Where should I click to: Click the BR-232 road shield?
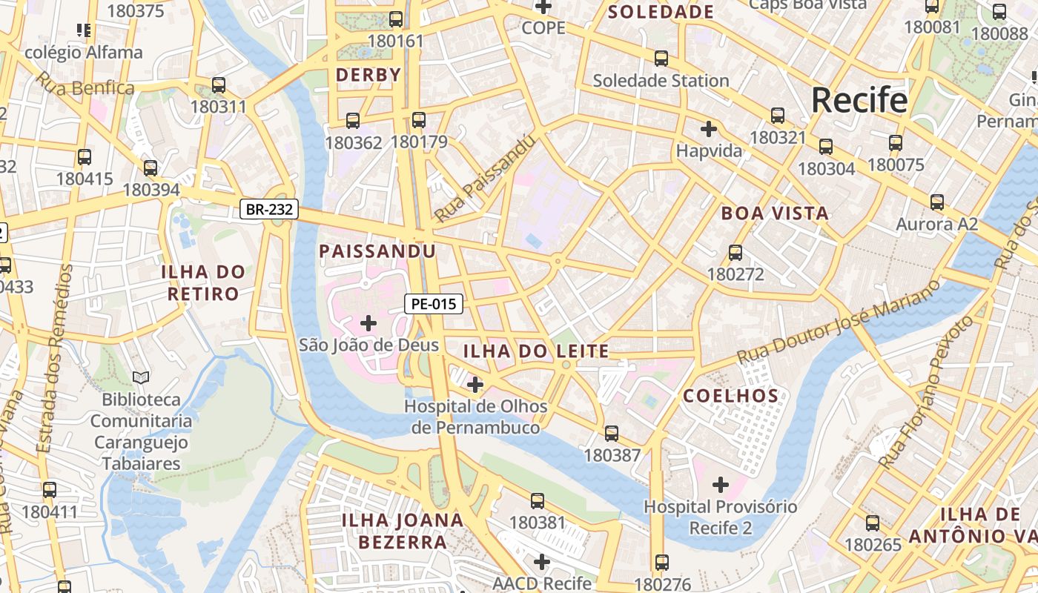(269, 210)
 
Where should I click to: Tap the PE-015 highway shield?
(434, 303)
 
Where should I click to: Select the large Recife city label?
(859, 100)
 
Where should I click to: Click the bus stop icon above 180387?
(612, 433)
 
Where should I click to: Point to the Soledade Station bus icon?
(661, 58)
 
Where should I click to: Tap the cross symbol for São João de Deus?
(368, 323)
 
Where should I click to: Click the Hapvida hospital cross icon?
(709, 129)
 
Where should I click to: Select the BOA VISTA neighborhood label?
(775, 213)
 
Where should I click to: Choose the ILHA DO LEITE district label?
(536, 351)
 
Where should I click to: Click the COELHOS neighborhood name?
(731, 396)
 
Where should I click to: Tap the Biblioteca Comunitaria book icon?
(141, 377)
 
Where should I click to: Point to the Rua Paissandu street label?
(485, 178)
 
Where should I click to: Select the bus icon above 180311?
(218, 85)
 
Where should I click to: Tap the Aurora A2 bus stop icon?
(937, 202)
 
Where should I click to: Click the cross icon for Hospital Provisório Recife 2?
(721, 485)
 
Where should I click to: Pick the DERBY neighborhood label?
(368, 75)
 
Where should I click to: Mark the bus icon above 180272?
(735, 252)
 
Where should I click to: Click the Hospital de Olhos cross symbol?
(475, 385)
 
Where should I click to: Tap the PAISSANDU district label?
(377, 251)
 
